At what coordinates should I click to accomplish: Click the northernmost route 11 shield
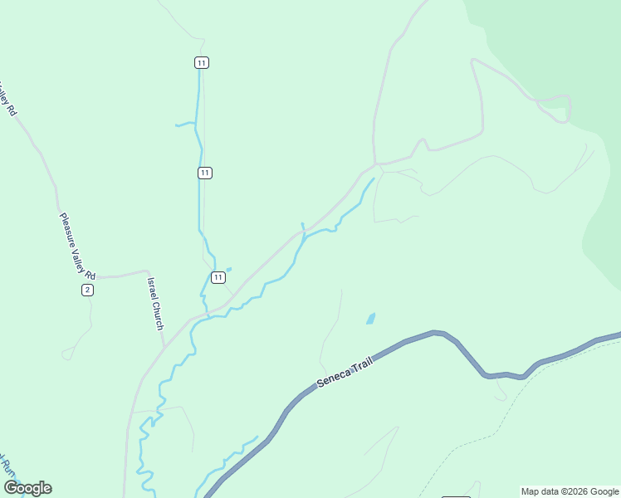coord(202,62)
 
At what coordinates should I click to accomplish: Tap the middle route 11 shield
coord(205,173)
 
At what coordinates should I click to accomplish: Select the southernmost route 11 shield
coord(218,277)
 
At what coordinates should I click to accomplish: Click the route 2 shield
coord(87,289)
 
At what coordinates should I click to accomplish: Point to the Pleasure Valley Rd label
coord(77,247)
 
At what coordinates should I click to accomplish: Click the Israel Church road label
coord(155,304)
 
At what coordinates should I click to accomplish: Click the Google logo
coord(27,488)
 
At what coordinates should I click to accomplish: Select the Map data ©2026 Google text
coord(570,491)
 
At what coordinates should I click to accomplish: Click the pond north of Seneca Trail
coord(370,318)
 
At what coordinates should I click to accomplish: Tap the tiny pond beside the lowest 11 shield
coord(228,269)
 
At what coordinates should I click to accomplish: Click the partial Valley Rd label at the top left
coord(7,98)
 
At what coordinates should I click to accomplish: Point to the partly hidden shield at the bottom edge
coord(457,495)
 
